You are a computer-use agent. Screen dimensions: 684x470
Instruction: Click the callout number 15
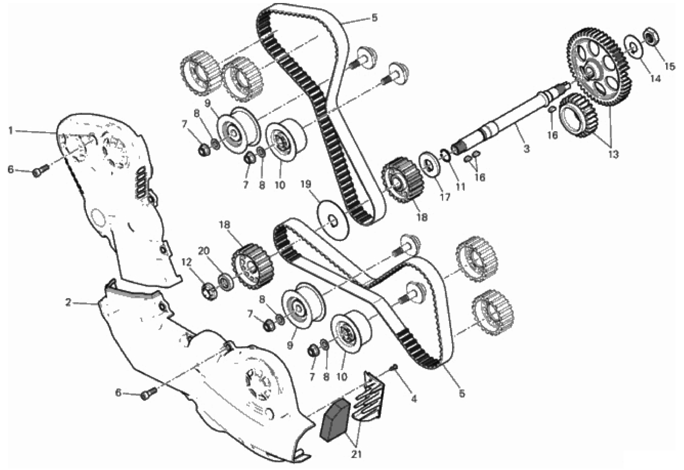click(670, 66)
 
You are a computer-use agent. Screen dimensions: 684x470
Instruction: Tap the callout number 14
click(655, 78)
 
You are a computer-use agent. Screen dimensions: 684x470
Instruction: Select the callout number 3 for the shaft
click(526, 149)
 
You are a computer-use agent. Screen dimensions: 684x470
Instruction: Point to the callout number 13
click(613, 155)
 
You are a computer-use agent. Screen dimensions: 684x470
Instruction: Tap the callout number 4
click(414, 399)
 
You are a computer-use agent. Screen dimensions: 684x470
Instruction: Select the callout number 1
click(11, 131)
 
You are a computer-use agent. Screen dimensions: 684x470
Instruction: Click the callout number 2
click(68, 303)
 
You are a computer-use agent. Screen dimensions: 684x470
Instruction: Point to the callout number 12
click(187, 262)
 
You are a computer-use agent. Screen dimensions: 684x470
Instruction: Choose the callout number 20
click(204, 251)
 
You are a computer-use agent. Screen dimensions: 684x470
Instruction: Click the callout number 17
click(445, 197)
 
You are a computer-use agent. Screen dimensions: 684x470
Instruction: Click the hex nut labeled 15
click(651, 36)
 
